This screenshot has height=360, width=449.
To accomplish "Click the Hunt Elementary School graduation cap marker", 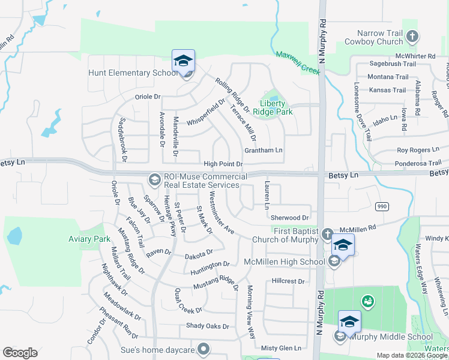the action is [183, 61].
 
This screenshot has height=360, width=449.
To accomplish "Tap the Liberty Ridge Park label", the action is [276, 107].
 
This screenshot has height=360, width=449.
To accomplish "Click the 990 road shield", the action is [382, 206].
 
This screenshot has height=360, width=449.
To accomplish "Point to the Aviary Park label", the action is [89, 239].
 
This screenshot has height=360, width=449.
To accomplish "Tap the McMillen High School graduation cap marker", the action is [343, 245].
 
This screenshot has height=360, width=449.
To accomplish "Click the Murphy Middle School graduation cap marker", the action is [349, 322].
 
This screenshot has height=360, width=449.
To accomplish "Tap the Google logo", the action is [20, 353].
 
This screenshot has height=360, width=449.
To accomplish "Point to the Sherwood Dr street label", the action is [289, 217].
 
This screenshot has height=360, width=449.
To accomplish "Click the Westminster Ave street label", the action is [221, 212].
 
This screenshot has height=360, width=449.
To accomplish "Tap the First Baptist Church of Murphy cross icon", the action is [327, 234].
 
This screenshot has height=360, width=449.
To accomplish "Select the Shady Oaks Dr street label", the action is [207, 326].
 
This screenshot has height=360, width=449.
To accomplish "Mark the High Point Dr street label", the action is [223, 164].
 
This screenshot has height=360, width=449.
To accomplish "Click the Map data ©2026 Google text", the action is [411, 355].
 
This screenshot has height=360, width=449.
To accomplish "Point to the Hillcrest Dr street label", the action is [288, 281].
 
